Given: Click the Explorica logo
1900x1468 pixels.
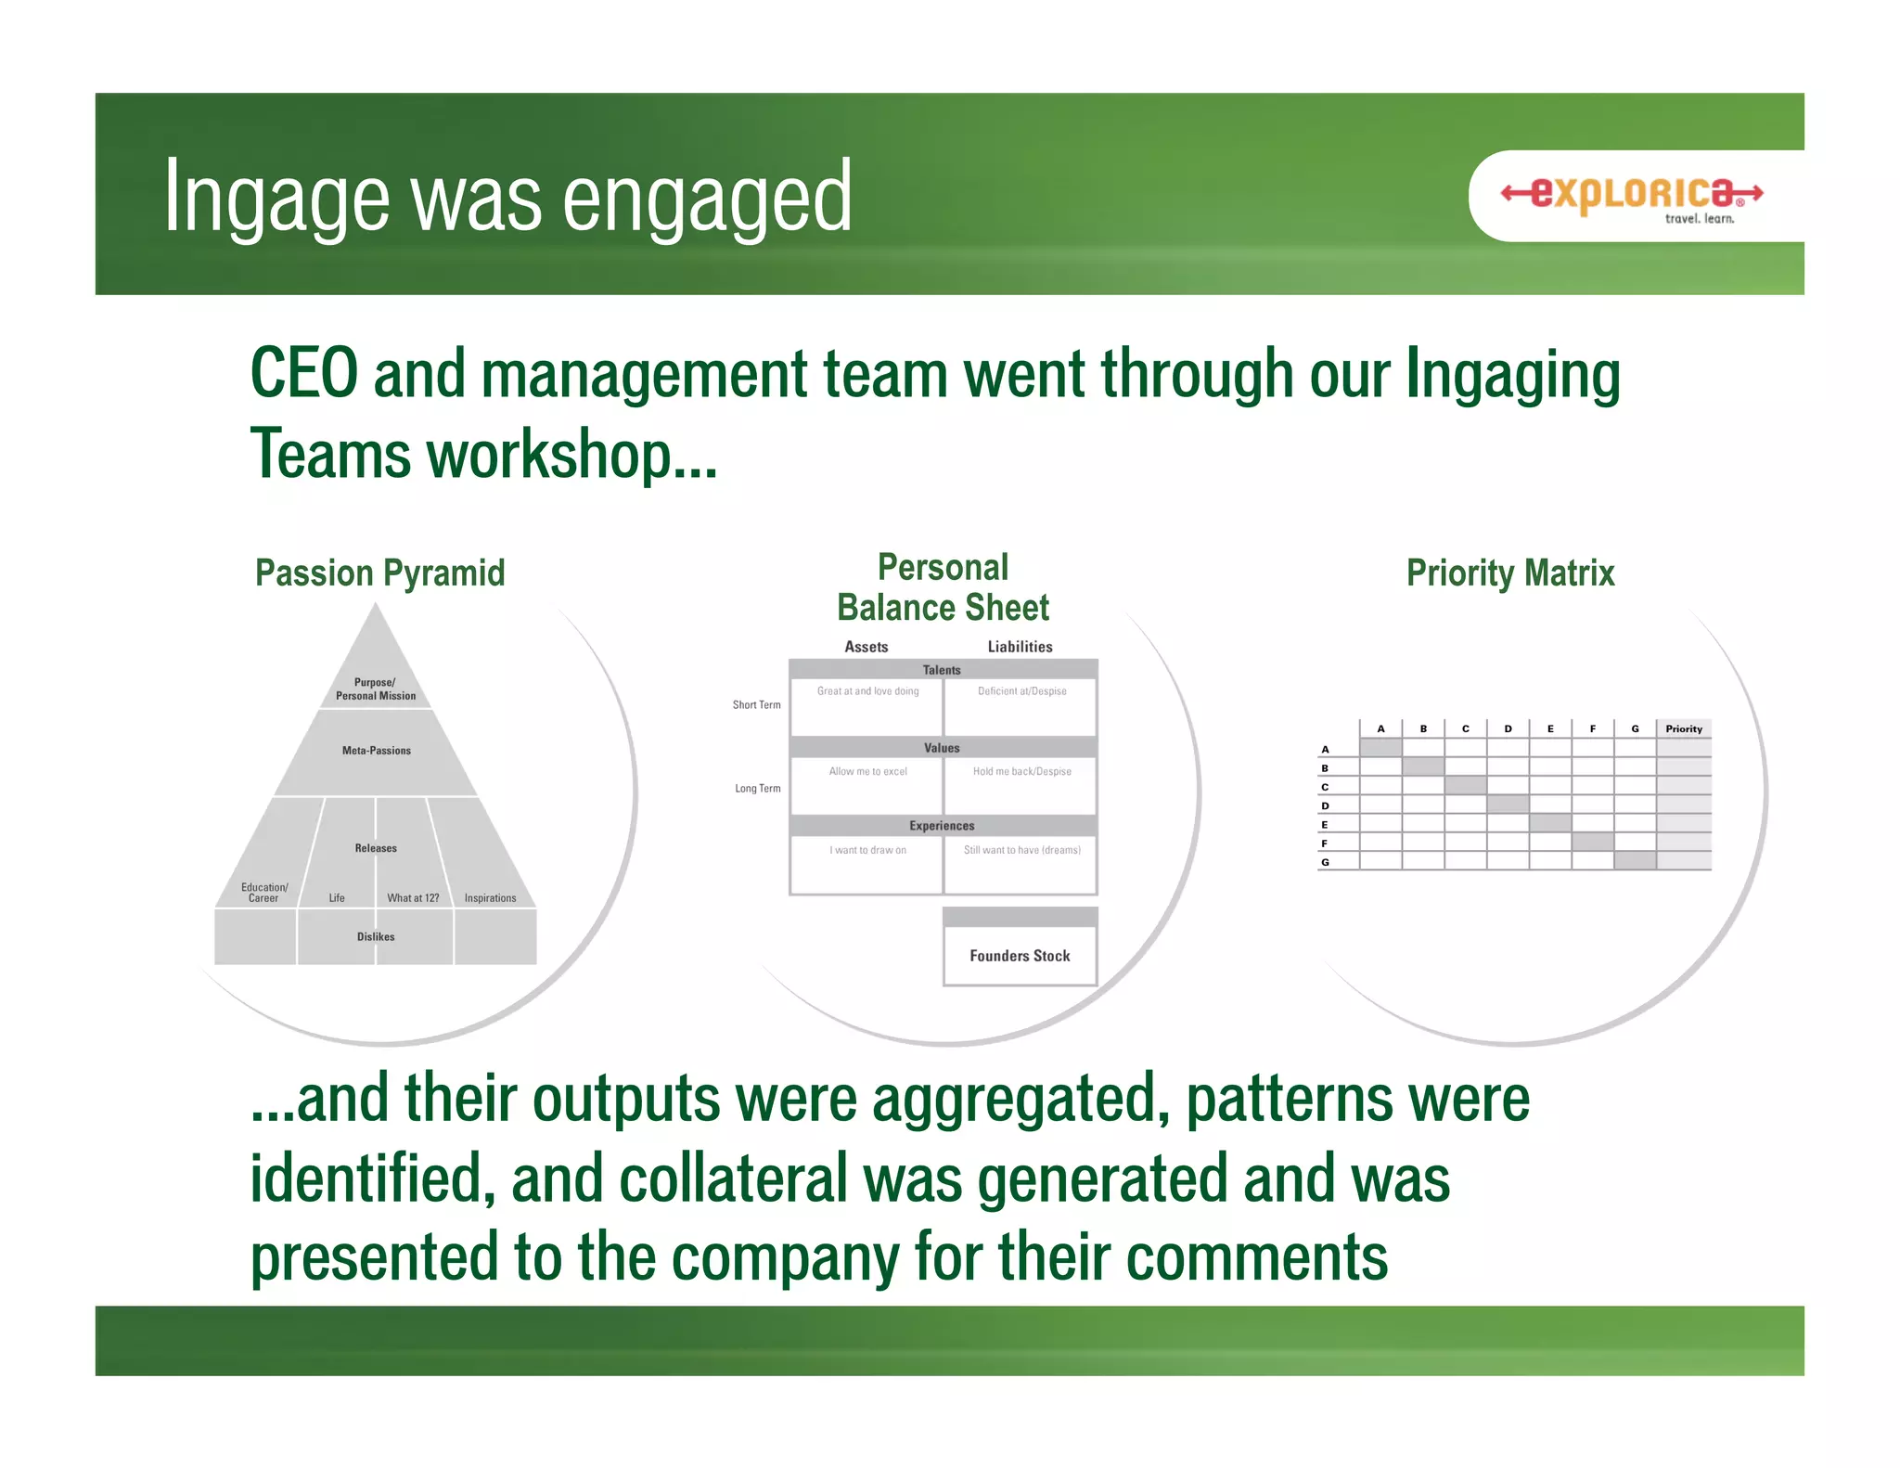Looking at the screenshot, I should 1632,196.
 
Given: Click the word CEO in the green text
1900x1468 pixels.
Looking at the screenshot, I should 304,374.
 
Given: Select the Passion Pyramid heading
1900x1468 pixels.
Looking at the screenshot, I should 379,573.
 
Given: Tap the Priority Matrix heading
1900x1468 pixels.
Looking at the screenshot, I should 1510,573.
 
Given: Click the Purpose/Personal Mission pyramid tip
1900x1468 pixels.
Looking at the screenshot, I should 376,689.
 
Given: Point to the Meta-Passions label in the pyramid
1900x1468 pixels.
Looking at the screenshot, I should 376,751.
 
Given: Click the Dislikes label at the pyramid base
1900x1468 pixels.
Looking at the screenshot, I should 376,937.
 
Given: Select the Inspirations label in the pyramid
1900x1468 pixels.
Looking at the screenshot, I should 490,898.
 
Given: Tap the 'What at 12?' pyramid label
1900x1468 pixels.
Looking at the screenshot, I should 413,898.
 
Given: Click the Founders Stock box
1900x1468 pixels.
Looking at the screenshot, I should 1020,956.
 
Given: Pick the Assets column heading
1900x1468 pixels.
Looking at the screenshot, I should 866,647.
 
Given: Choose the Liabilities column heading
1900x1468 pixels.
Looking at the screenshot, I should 1020,647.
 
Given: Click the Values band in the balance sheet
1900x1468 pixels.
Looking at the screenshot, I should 942,748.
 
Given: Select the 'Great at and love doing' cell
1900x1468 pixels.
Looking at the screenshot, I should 867,691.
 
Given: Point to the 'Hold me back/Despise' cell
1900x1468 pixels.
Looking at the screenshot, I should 1021,772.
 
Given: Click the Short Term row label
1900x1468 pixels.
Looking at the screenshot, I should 756,705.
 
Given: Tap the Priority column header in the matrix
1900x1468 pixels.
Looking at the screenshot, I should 1684,729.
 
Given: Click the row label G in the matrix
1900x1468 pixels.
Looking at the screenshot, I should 1325,862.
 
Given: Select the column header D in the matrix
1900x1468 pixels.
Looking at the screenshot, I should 1508,729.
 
